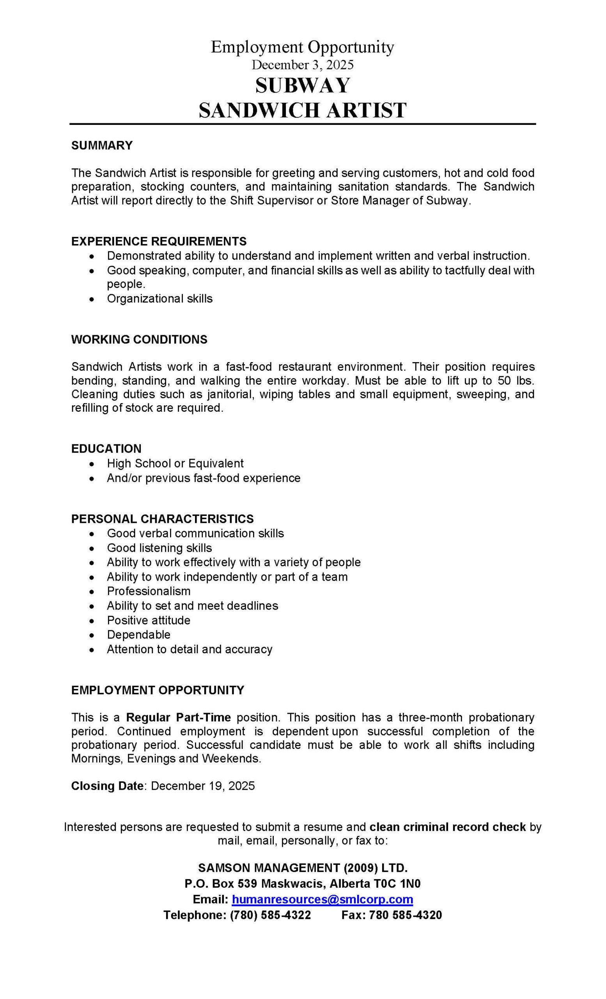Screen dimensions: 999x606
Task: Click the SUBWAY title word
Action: point(303,85)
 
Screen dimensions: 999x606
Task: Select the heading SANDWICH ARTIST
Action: point(303,110)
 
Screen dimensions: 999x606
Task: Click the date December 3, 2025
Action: point(303,65)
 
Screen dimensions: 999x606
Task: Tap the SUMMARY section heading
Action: point(102,145)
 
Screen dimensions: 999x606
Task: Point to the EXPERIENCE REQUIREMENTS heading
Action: point(159,241)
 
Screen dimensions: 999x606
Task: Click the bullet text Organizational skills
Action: point(159,299)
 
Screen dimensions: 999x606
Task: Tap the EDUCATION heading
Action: point(106,448)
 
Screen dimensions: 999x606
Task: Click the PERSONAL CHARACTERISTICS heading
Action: point(163,519)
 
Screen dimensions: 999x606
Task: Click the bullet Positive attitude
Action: point(149,620)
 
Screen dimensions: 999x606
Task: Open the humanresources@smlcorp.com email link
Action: point(322,899)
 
